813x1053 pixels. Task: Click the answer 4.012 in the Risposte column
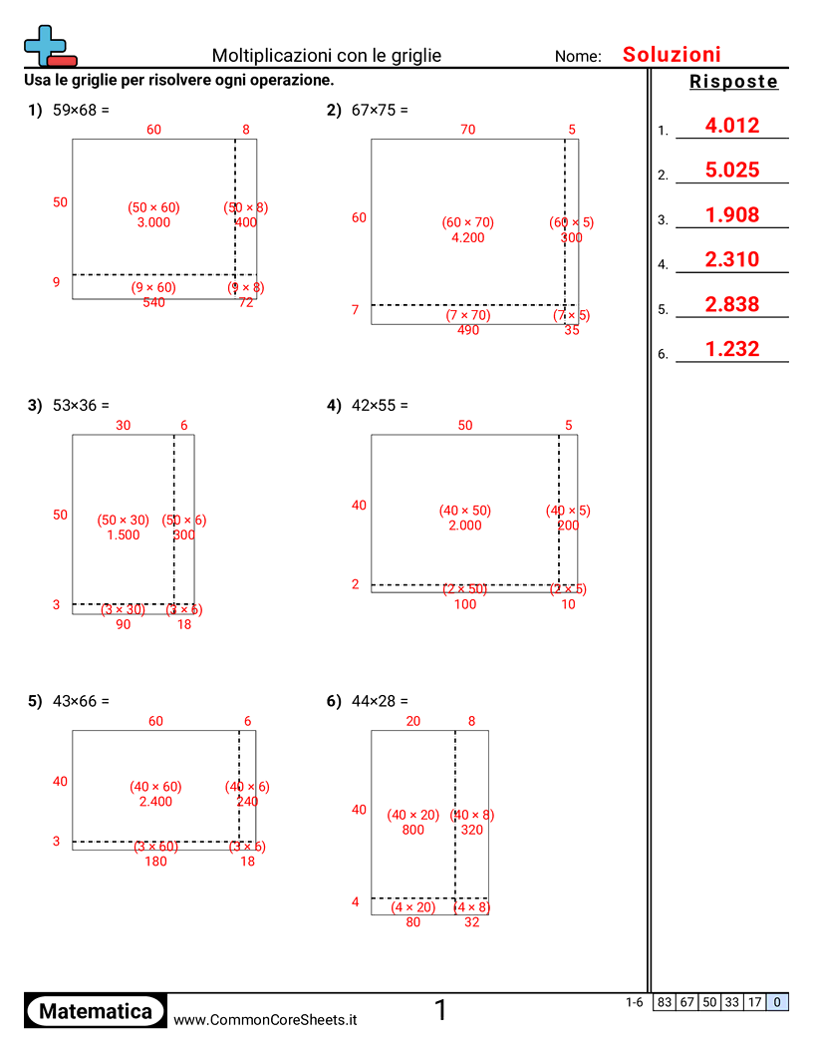[x=731, y=126]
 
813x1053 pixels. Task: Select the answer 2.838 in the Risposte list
[x=731, y=305]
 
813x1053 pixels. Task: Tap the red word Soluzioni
[x=672, y=55]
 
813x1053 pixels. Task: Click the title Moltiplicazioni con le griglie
[x=327, y=56]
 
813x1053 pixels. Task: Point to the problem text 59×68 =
[x=81, y=111]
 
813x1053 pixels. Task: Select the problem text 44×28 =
[x=380, y=701]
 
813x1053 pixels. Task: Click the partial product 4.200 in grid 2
[x=467, y=238]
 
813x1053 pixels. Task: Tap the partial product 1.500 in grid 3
[x=124, y=535]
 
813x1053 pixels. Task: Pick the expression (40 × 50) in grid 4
[x=465, y=512]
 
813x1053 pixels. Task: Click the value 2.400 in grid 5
[x=155, y=802]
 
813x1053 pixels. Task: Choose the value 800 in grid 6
[x=412, y=830]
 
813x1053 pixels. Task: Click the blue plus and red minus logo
[x=48, y=46]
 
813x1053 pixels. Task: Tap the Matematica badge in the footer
[x=96, y=1011]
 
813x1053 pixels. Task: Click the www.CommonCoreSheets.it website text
[x=265, y=1020]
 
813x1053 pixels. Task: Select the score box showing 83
[x=665, y=1003]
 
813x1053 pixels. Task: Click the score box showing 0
[x=777, y=1003]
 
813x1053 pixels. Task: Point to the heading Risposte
[x=733, y=83]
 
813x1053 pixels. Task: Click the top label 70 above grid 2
[x=467, y=129]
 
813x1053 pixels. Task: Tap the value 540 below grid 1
[x=153, y=302]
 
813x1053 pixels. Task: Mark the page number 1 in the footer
[x=440, y=1011]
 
